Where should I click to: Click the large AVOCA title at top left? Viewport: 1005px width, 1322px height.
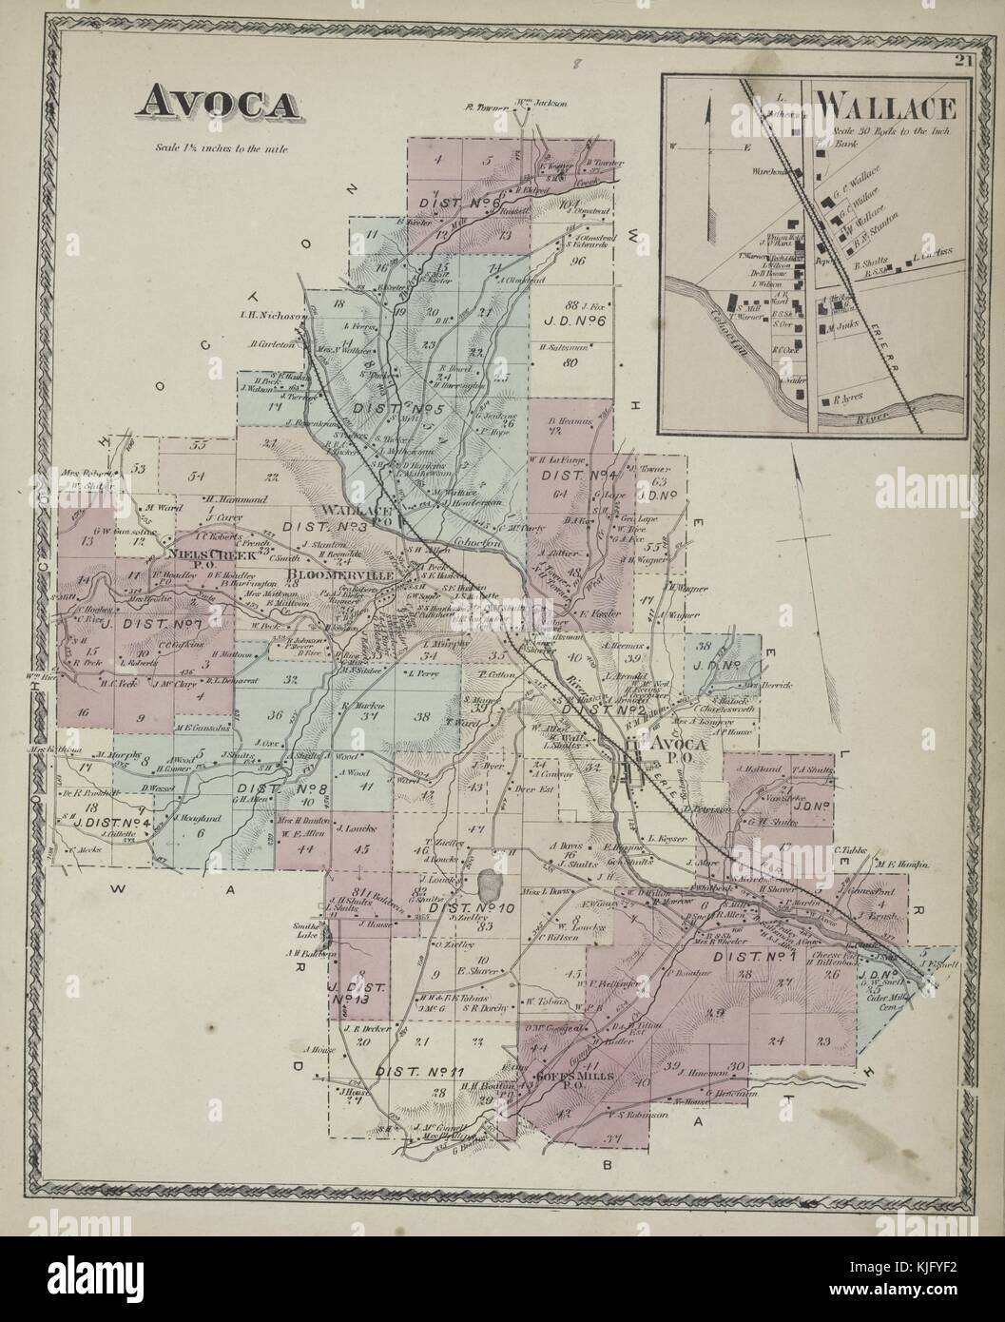pos(216,101)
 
